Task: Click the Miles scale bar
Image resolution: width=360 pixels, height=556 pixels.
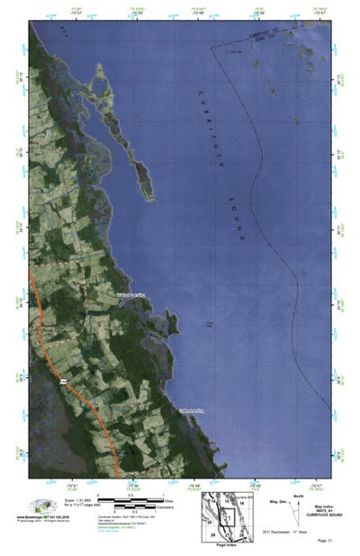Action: [126, 498]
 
